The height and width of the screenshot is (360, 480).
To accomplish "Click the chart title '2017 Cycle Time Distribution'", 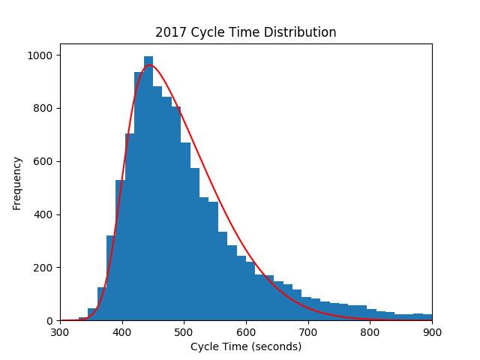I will [x=245, y=32].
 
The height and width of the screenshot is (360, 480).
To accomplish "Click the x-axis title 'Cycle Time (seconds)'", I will [x=245, y=346].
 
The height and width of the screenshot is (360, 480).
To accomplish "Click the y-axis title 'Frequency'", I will [x=17, y=182].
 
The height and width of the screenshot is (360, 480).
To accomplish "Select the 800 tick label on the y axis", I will [x=41, y=109].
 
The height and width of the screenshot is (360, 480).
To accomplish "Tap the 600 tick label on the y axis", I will [x=41, y=161].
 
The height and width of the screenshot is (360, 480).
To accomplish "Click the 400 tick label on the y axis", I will [x=41, y=214].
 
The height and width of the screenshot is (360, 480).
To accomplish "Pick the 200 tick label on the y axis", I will [x=41, y=268].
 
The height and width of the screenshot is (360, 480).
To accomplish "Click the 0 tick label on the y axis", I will [x=47, y=321].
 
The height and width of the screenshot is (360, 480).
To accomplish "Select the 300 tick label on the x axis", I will [x=60, y=331].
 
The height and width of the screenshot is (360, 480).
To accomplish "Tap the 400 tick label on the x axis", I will [x=122, y=331].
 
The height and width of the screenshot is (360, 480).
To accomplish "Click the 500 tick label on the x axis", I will [x=184, y=331].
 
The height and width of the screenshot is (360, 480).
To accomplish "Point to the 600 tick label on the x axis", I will [x=246, y=331].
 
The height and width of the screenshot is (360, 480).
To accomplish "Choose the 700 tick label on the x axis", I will [x=308, y=331].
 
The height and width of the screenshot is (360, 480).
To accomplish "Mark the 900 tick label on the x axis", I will [x=432, y=331].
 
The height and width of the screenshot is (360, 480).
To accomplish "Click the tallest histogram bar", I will [x=148, y=187].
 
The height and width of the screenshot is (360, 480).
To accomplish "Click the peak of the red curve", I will [x=150, y=65].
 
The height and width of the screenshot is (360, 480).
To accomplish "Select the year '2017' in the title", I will [x=169, y=32].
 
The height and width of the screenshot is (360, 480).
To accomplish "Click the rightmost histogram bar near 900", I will [x=427, y=317].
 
